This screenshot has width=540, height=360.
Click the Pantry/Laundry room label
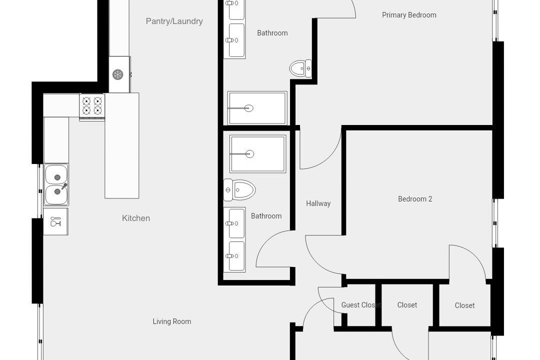pyautogui.click(x=174, y=21)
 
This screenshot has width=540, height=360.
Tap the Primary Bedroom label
pyautogui.click(x=409, y=15)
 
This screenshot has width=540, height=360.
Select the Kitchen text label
pyautogui.click(x=136, y=218)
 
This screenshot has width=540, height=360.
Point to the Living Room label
pyautogui.click(x=172, y=321)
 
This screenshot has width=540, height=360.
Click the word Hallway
pyautogui.click(x=318, y=203)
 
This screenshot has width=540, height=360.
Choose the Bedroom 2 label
pyautogui.click(x=415, y=199)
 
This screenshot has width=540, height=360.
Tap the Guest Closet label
pyautogui.click(x=361, y=305)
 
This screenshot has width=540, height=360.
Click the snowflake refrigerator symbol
pyautogui.click(x=118, y=74)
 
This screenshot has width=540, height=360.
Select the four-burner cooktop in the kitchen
pyautogui.click(x=92, y=106)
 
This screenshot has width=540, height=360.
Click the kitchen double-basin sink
pyautogui.click(x=56, y=184)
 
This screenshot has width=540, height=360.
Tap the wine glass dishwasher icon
pyautogui.click(x=55, y=221)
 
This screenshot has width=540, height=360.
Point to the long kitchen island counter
pyautogui.click(x=122, y=145)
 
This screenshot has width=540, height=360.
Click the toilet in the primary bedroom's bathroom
pyautogui.click(x=300, y=68)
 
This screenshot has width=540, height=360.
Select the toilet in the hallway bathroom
pyautogui.click(x=239, y=190)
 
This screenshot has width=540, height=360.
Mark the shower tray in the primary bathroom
pyautogui.click(x=257, y=108)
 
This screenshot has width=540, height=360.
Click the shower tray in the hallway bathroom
pyautogui.click(x=258, y=153)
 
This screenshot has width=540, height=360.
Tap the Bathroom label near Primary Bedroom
pyautogui.click(x=272, y=33)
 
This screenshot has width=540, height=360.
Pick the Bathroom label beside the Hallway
pyautogui.click(x=266, y=216)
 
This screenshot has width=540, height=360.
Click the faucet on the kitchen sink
pyautogui.click(x=64, y=186)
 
